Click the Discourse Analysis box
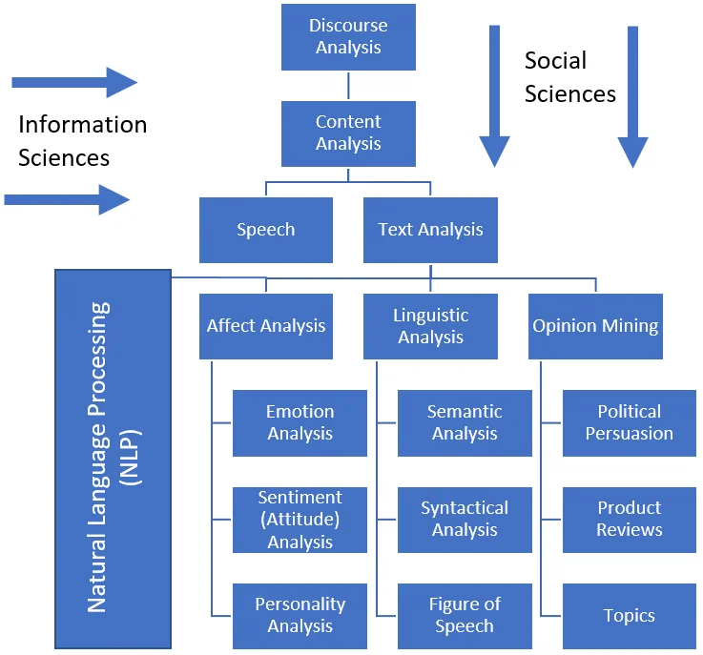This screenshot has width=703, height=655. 348,37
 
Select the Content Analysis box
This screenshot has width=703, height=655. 348,133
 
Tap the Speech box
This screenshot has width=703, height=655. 266,230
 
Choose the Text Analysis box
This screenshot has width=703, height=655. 430,230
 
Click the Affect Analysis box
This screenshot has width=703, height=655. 266,326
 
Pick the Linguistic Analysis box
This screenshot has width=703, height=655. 430,326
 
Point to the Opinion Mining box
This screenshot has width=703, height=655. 595,326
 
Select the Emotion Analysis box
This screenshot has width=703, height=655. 300,422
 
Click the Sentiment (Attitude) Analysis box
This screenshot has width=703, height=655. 300,520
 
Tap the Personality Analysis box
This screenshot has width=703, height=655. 300,615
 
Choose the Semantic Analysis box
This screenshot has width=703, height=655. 465,422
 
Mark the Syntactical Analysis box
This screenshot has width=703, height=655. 465,520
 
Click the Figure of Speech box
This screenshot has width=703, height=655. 465,615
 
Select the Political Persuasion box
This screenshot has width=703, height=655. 629,422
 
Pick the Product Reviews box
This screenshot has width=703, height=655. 629,520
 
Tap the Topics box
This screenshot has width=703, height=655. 629,615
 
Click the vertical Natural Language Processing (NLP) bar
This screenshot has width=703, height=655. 113,458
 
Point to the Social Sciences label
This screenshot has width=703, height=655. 570,77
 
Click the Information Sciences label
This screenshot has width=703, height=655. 82,140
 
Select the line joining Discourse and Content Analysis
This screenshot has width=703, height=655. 348,86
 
